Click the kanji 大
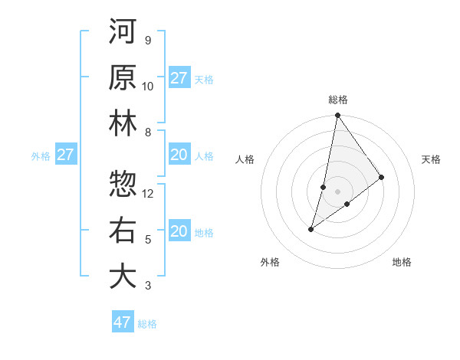(x=122, y=276)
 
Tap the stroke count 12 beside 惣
(x=148, y=194)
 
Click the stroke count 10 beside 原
(x=148, y=87)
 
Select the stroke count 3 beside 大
(x=148, y=286)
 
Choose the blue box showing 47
(x=123, y=322)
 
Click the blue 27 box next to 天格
(x=179, y=77)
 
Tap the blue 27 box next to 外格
(x=66, y=155)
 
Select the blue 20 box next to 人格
(x=179, y=155)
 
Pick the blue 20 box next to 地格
(x=179, y=231)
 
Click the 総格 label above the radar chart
(x=338, y=100)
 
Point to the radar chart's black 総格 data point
(x=337, y=116)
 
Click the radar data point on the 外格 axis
(x=311, y=229)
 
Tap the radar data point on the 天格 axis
(x=382, y=177)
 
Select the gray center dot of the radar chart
(x=337, y=191)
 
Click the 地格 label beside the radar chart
(x=402, y=262)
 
